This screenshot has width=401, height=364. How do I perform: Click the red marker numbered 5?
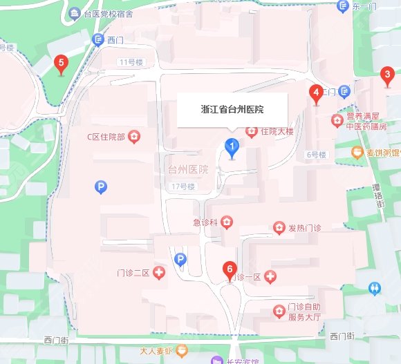pyautogui.click(x=62, y=65)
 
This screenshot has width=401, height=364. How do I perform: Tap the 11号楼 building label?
pyautogui.click(x=130, y=63)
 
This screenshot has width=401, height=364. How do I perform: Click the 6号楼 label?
pyautogui.click(x=315, y=155)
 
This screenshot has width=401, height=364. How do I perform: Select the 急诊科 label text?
pyautogui.click(x=205, y=222)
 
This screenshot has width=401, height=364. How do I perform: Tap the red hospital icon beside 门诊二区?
pyautogui.click(x=159, y=274)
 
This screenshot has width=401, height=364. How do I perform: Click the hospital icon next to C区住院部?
pyautogui.click(x=133, y=136)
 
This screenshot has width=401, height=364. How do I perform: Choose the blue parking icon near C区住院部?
pyautogui.click(x=102, y=186)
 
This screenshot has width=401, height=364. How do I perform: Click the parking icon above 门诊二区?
pyautogui.click(x=180, y=259)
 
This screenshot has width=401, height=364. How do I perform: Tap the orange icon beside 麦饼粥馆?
pyautogui.click(x=357, y=151)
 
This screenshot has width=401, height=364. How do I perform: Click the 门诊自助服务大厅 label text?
pyautogui.click(x=305, y=313)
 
